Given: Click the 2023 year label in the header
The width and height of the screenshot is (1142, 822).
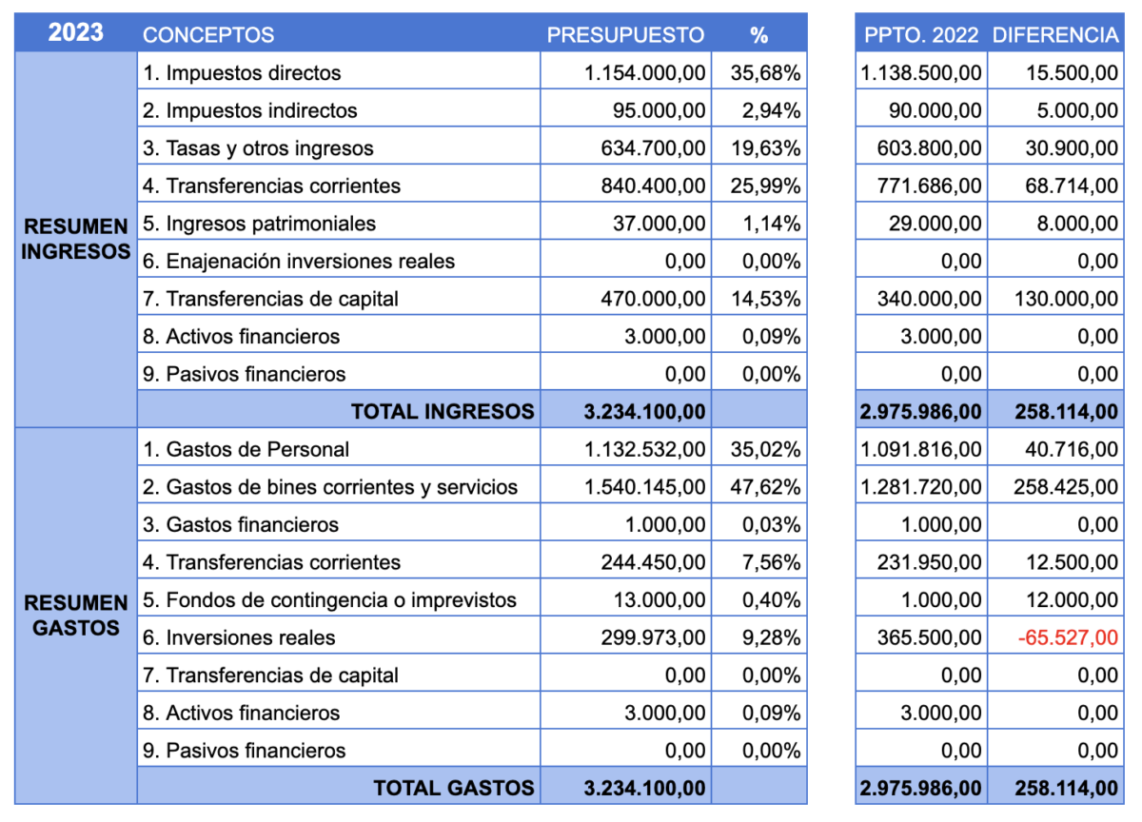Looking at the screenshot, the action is (76, 32).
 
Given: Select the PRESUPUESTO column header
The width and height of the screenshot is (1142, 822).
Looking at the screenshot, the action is (625, 35).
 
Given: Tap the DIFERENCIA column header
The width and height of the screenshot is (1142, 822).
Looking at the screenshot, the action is (1055, 35).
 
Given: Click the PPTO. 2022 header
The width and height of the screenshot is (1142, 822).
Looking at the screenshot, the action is (921, 35).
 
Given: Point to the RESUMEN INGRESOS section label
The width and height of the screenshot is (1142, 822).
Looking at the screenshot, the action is (76, 239).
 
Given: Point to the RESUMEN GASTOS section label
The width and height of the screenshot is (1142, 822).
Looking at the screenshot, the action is (76, 616).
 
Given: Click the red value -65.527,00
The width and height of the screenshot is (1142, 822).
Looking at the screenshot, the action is (1068, 637).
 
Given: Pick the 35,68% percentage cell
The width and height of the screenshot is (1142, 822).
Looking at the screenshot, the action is (766, 73).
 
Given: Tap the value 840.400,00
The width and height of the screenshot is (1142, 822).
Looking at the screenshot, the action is (653, 186).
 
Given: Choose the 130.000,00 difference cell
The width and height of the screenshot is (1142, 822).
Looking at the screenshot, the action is (1067, 299).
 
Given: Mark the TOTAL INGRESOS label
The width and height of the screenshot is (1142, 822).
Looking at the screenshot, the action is (443, 412).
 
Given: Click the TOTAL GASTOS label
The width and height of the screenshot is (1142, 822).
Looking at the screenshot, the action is (454, 788).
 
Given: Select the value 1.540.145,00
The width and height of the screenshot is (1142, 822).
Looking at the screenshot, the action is (645, 487).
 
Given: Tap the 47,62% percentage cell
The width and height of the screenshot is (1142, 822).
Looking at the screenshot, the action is (766, 487).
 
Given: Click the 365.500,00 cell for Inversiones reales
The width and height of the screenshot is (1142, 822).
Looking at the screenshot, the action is (930, 637).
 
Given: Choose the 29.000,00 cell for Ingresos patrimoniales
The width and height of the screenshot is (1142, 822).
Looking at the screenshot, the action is (935, 224).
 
